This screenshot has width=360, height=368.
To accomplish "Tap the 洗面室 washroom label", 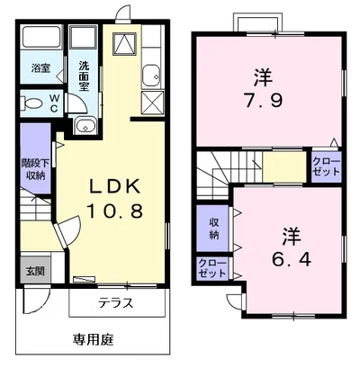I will tap(84, 71).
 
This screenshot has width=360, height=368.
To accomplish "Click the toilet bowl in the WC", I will tap(31, 103).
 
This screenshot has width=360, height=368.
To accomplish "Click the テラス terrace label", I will tap(116, 303).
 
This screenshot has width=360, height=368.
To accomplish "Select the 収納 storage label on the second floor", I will tap(214, 229).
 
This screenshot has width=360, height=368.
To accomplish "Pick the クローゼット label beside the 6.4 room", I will tap(212, 269).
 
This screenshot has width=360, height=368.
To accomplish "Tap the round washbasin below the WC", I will tap(85, 125).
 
